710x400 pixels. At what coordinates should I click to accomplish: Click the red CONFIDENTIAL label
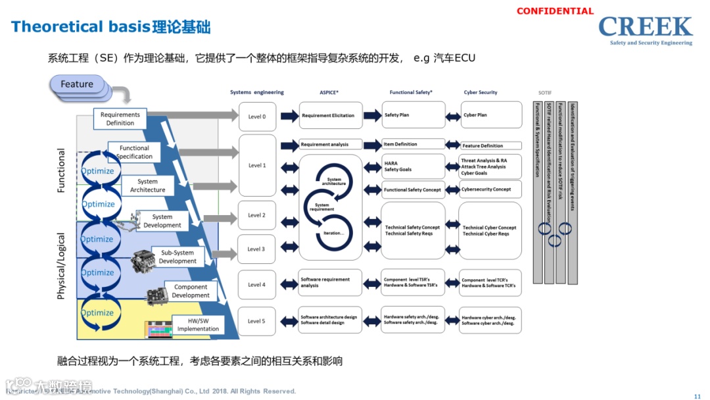[555, 11]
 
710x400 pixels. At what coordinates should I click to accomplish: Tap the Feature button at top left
[77, 84]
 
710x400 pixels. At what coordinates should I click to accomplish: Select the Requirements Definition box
[120, 118]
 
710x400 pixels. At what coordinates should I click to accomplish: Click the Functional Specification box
[135, 153]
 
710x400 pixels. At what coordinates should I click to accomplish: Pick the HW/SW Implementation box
[198, 324]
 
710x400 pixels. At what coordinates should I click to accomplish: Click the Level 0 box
[256, 116]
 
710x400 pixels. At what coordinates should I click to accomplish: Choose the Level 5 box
[256, 321]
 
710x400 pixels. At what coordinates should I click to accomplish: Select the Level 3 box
[256, 249]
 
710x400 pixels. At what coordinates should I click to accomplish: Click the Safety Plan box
[413, 115]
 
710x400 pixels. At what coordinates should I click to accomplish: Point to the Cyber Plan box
[491, 115]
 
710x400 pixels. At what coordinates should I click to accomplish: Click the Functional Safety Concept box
[413, 190]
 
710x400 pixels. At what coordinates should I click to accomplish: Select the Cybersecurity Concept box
[491, 189]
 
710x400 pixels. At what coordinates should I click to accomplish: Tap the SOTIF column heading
[546, 93]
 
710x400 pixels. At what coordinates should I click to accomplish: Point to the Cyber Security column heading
[481, 93]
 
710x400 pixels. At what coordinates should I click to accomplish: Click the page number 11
[697, 396]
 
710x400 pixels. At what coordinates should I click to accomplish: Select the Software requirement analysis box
[330, 282]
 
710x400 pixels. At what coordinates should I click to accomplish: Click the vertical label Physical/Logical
[62, 266]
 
